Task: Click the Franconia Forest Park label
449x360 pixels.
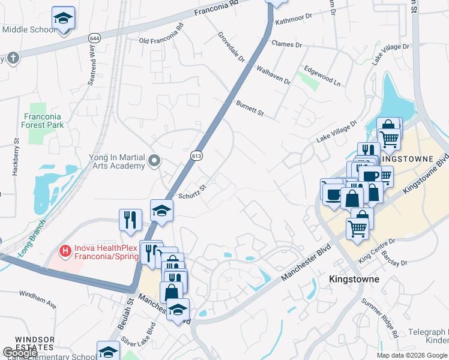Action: [44, 121]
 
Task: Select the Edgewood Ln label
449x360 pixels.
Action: [322, 74]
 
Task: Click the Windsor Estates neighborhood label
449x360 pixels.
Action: [35, 343]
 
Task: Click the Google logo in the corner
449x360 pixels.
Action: [20, 353]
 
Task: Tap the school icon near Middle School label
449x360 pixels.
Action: [62, 19]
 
